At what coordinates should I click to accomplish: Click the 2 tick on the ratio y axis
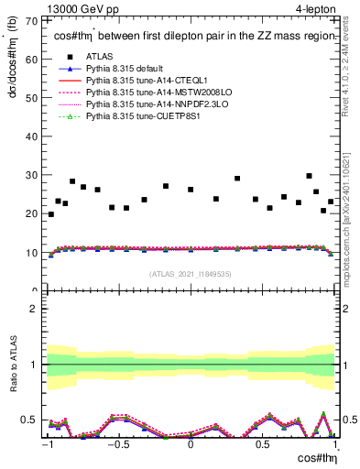tap(38, 308)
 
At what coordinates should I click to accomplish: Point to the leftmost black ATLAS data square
tap(50, 214)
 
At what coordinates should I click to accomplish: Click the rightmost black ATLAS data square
tap(331, 202)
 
